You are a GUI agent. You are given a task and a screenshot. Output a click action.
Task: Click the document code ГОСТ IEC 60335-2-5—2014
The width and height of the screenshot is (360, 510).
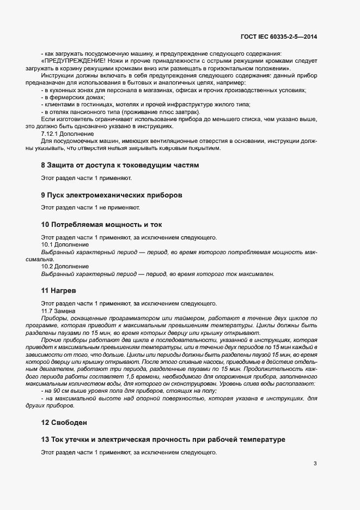(278, 37)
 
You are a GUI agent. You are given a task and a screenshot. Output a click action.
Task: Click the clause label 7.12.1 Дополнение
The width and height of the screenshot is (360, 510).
(68, 134)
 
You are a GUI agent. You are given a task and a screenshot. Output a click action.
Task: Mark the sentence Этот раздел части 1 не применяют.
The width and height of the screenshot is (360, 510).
(90, 207)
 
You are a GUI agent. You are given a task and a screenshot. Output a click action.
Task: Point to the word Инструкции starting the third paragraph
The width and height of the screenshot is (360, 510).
(57, 76)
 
